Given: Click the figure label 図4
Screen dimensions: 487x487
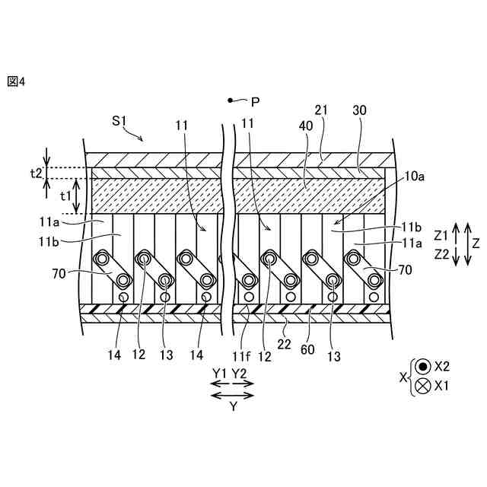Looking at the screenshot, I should pyautogui.click(x=16, y=81).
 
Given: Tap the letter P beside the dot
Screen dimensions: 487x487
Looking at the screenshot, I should pyautogui.click(x=255, y=101).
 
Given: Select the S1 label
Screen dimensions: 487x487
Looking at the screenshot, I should pyautogui.click(x=119, y=120).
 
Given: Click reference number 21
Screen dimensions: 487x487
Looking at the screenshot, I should pyautogui.click(x=322, y=111).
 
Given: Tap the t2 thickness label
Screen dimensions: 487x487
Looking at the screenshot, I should pyautogui.click(x=35, y=173).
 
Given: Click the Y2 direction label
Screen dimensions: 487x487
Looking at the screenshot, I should pyautogui.click(x=239, y=373).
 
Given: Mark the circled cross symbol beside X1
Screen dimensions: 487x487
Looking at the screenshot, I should pyautogui.click(x=422, y=386).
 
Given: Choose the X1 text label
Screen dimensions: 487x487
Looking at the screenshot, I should pyautogui.click(x=443, y=386).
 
